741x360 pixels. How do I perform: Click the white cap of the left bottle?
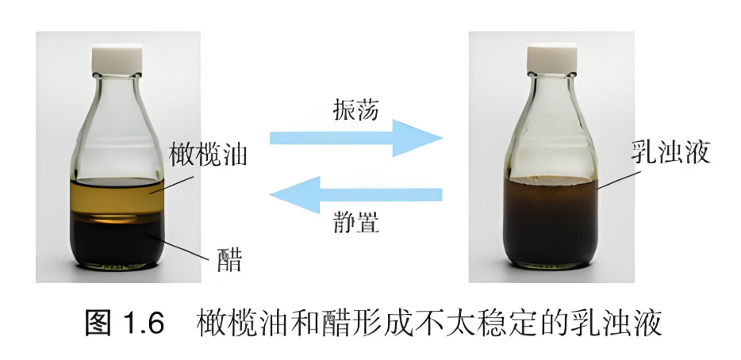[117, 59]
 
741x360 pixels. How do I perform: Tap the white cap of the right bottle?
[552, 59]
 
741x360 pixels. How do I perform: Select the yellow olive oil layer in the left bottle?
[117, 197]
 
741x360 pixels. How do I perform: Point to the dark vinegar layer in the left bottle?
[117, 241]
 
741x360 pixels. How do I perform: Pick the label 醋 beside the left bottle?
[229, 259]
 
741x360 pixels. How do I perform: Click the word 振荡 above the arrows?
[355, 109]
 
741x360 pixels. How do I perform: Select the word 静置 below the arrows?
[355, 222]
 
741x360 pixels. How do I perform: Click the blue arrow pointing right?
[356, 138]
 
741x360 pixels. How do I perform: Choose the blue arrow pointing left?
[356, 194]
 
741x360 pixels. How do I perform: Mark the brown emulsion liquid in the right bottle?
[551, 221]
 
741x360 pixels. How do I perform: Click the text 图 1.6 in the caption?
[125, 323]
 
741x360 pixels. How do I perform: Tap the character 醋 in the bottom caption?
[336, 323]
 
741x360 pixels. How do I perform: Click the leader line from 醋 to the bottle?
[176, 246]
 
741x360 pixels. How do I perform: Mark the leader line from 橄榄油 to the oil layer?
[172, 185]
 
